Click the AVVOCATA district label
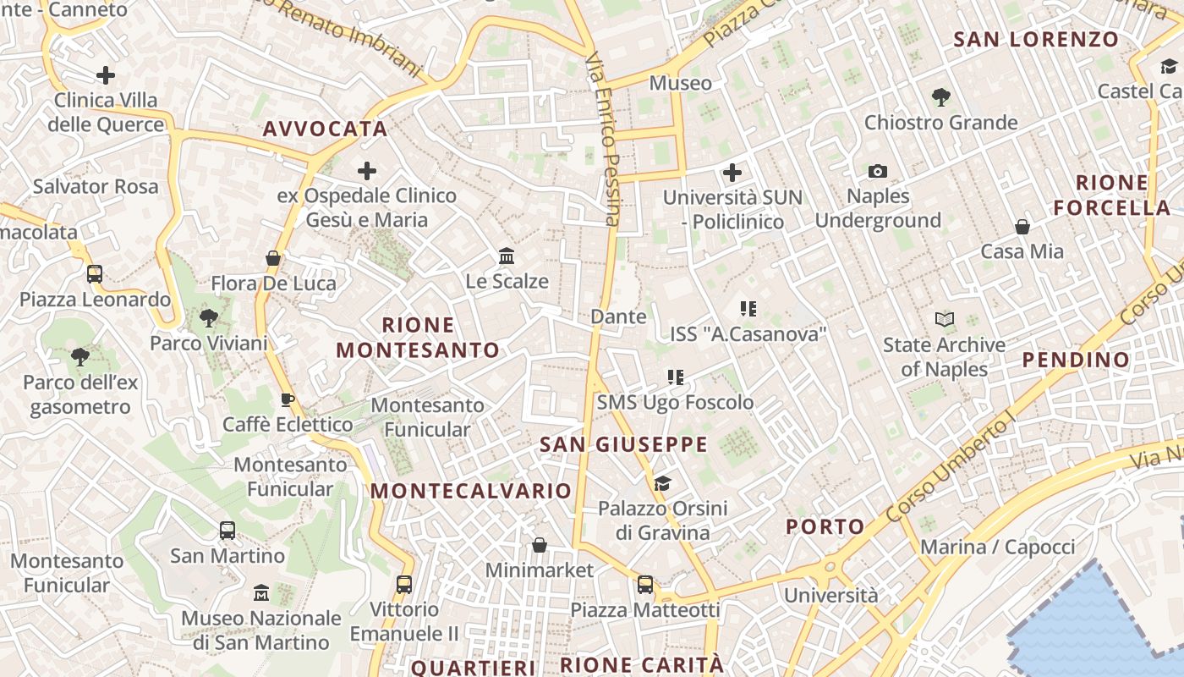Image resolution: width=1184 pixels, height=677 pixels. [x=325, y=129]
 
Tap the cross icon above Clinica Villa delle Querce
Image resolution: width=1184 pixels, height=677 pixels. [x=106, y=75]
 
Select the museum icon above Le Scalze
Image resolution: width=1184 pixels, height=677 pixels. [x=507, y=256]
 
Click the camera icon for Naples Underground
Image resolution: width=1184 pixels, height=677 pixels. [x=878, y=172]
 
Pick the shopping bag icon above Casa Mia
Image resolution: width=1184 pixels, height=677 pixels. [x=1022, y=227]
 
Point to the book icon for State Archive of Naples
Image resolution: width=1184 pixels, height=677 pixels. [x=944, y=320]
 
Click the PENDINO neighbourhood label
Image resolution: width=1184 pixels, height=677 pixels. [x=1076, y=360]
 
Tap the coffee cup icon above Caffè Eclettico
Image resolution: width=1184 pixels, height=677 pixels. [x=288, y=399]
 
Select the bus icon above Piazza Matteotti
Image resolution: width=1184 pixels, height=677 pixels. [x=645, y=584]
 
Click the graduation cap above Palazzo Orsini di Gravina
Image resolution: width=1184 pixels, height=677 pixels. [x=662, y=483]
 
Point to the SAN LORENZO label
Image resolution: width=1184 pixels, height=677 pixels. [x=1036, y=39]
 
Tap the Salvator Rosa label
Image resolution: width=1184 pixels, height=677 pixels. [x=96, y=186]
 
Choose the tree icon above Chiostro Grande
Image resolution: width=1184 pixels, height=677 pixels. [x=940, y=97]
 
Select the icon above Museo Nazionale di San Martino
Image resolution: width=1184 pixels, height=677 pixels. [x=261, y=592]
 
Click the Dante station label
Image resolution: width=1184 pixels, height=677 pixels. [x=618, y=316]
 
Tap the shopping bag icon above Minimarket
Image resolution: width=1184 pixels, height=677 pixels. [x=540, y=545]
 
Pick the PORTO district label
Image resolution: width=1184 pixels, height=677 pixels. [x=825, y=526]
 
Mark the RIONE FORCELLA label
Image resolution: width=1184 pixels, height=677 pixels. [x=1111, y=195]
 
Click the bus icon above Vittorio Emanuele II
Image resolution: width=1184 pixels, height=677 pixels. [x=404, y=584]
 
